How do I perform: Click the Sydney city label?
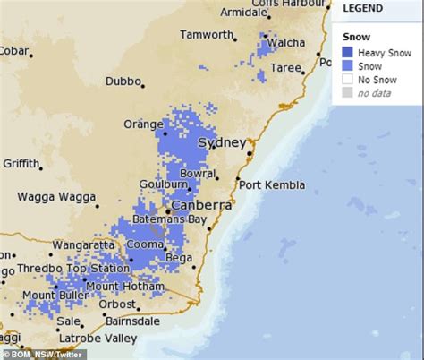click(x=221, y=142)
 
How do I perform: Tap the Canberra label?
click(x=201, y=205)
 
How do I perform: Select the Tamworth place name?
click(x=206, y=34)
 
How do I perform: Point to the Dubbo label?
click(x=123, y=81)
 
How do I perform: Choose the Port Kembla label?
click(x=271, y=185)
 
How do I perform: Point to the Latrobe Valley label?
click(x=98, y=339)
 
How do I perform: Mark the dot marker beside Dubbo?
click(x=143, y=85)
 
